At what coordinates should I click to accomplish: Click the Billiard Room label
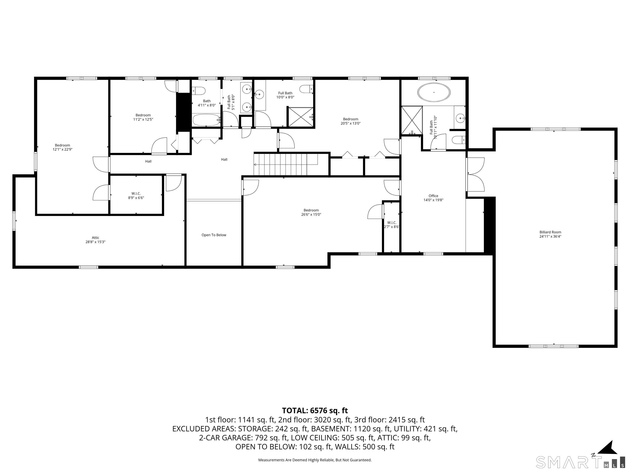550,234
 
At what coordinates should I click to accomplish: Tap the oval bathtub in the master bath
434,92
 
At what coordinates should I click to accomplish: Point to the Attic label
95,240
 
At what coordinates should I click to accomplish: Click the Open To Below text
214,235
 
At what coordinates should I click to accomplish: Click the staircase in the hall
286,164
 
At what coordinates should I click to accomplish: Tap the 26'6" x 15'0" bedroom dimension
311,214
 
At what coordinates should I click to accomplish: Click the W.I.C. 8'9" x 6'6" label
136,196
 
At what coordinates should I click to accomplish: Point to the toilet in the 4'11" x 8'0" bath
199,91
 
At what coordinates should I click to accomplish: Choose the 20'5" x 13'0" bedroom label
351,121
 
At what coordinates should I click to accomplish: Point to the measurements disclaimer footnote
315,460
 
